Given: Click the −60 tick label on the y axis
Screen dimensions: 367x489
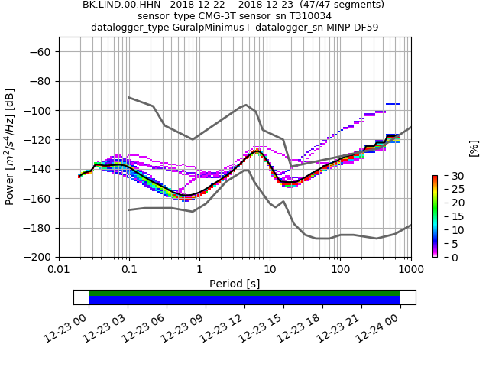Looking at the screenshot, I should (41, 52).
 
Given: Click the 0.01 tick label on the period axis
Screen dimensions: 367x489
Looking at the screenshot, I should (59, 270).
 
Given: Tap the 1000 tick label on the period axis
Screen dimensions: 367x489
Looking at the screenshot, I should (410, 270).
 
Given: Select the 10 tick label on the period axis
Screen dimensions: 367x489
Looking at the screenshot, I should (270, 270).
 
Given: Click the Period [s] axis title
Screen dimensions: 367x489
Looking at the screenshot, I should (235, 284).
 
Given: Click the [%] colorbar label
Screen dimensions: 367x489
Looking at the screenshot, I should (474, 148).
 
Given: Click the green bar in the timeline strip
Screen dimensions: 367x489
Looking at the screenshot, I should (244, 293).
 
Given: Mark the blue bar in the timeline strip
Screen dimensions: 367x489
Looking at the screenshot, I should (244, 300).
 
